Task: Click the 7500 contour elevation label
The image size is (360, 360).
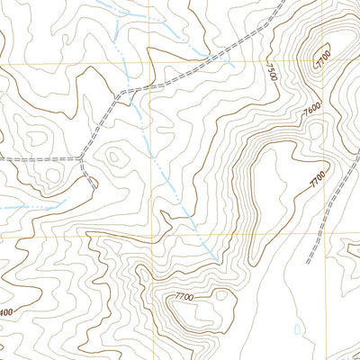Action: [x=273, y=71]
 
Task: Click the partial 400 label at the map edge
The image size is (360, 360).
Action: [x=7, y=312]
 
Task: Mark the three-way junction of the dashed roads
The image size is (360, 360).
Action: [x=83, y=160]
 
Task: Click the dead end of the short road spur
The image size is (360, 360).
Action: [x=95, y=185]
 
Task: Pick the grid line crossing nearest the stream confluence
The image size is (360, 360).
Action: [x=150, y=65]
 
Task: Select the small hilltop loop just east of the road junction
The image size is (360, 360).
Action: [x=115, y=157]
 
